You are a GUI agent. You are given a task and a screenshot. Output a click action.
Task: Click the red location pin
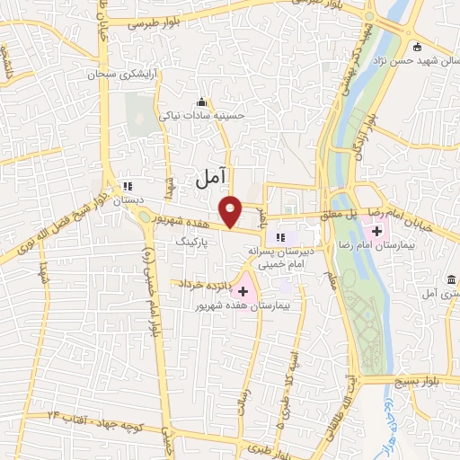pyautogui.click(x=233, y=210)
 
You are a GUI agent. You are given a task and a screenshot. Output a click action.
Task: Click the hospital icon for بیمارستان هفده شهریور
pyautogui.click(x=243, y=291)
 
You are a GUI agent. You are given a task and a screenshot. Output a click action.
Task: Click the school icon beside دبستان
pyautogui.click(x=126, y=187)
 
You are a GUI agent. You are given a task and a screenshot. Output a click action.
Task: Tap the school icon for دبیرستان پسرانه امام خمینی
pyautogui.click(x=280, y=237)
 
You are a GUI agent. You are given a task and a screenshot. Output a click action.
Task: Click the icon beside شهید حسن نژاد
pyautogui.click(x=416, y=47)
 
